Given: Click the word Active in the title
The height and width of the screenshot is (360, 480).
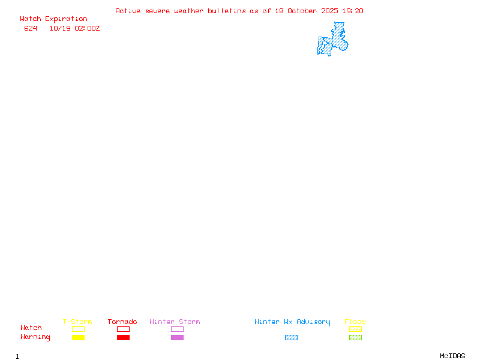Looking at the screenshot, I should click(128, 11).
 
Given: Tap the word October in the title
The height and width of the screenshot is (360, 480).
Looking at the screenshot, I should click(303, 11).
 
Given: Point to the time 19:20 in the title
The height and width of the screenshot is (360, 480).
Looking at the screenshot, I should click(353, 11).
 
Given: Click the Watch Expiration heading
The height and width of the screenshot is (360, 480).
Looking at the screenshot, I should click(53, 19).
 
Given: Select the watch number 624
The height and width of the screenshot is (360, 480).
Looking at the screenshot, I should click(31, 28).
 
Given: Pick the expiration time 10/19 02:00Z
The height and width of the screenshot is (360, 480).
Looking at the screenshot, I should click(74, 28).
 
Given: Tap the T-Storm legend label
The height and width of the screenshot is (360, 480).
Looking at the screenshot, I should click(77, 322).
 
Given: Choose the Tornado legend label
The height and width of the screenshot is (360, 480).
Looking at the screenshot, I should click(122, 322).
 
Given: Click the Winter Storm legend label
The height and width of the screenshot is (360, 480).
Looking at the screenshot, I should click(175, 322).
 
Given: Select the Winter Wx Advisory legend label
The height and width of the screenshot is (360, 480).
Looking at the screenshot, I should click(292, 322).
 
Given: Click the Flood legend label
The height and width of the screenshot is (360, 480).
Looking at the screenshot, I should click(355, 322).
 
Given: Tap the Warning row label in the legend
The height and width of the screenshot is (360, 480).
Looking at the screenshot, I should click(35, 337).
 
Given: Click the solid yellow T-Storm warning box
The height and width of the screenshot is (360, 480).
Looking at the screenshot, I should click(78, 338).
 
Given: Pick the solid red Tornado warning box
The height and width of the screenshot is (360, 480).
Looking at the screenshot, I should click(123, 338).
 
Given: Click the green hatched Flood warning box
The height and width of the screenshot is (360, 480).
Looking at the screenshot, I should click(355, 338).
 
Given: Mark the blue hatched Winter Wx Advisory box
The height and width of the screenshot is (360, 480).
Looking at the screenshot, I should click(291, 338).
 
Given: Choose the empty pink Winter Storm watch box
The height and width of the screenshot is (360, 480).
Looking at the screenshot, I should click(177, 329).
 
